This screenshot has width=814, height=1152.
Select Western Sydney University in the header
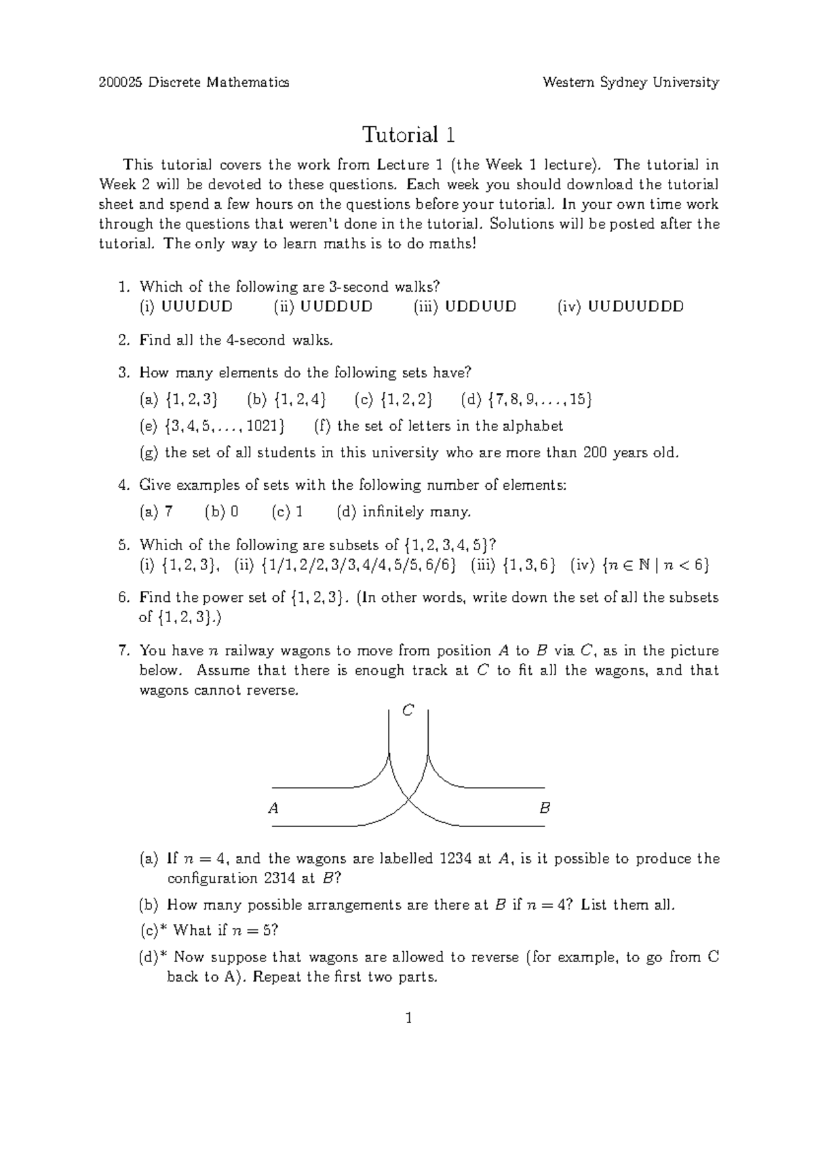[x=630, y=82]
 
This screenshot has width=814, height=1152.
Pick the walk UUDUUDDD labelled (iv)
[x=636, y=307]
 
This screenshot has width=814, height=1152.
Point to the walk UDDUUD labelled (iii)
[x=480, y=307]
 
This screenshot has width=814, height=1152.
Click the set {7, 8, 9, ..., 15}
[x=539, y=400]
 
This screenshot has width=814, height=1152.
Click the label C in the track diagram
[x=408, y=710]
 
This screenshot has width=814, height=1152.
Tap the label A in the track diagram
[x=273, y=808]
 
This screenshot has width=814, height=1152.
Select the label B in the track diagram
[x=544, y=808]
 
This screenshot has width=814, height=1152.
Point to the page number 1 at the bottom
[x=408, y=1018]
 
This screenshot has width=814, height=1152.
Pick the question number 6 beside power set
[x=123, y=598]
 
